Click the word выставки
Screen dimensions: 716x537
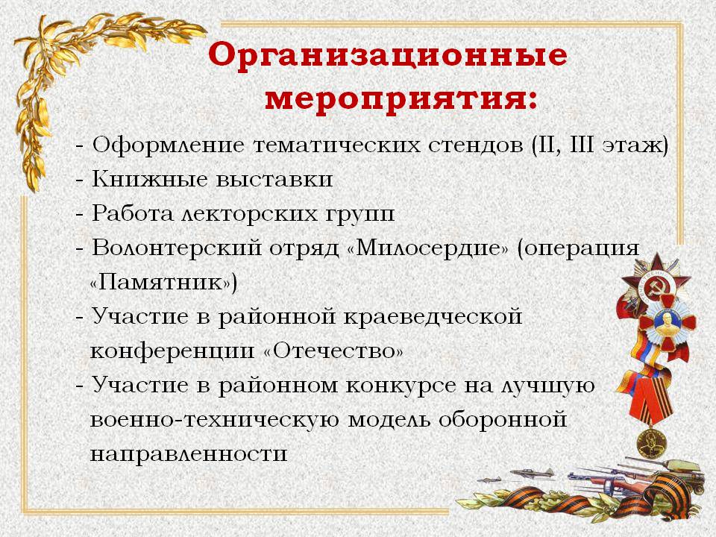pyautogui.click(x=274, y=179)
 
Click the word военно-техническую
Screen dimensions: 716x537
pyautogui.click(x=215, y=420)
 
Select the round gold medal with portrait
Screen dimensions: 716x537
pyautogui.click(x=652, y=443)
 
